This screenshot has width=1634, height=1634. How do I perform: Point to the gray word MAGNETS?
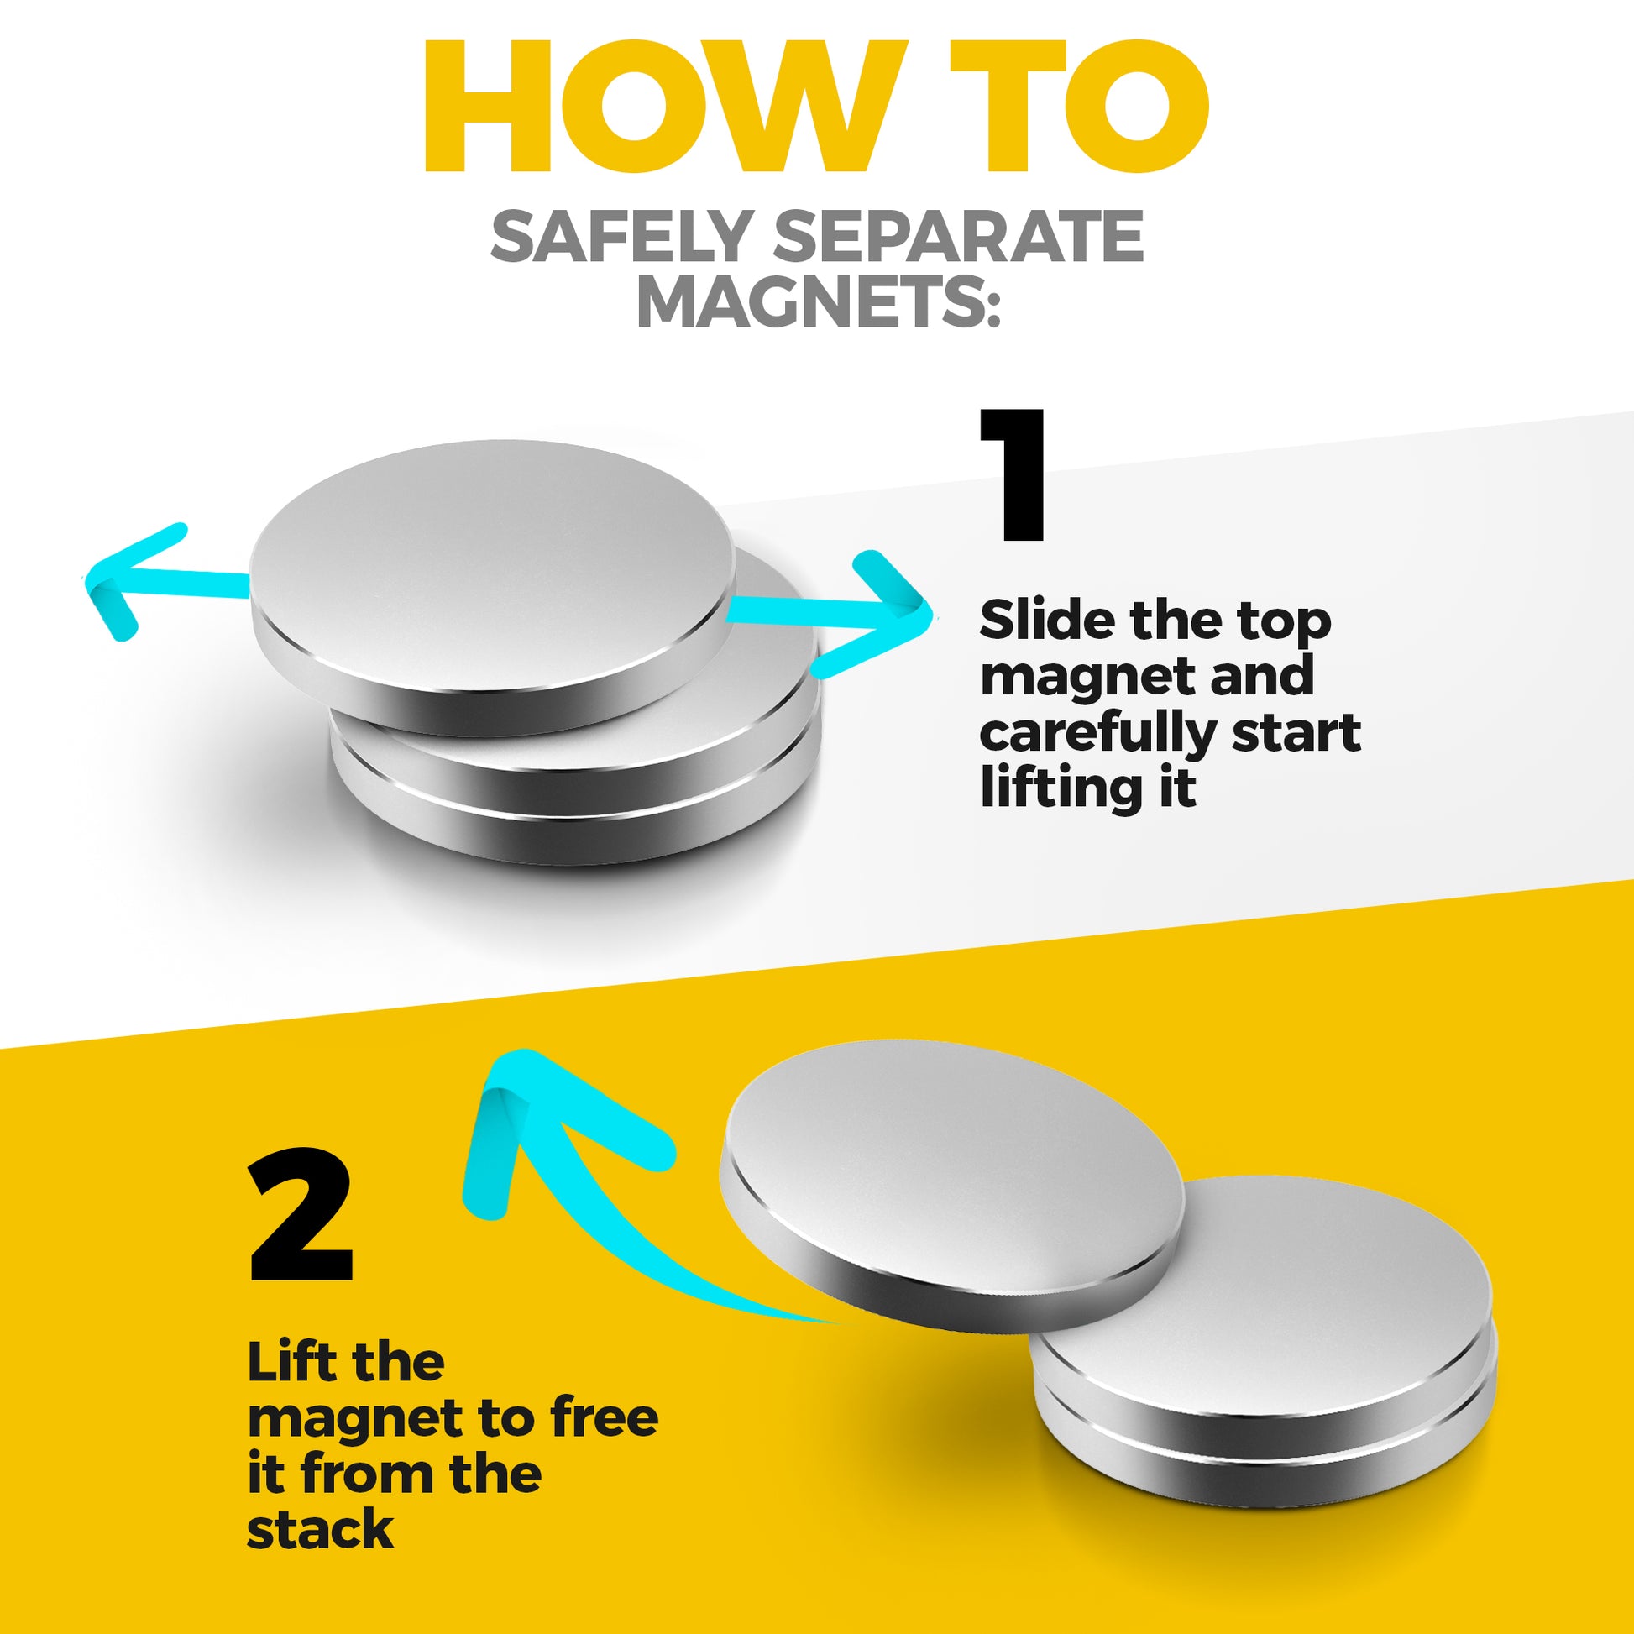[817, 302]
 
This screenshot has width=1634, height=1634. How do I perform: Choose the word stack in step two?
[320, 1529]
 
